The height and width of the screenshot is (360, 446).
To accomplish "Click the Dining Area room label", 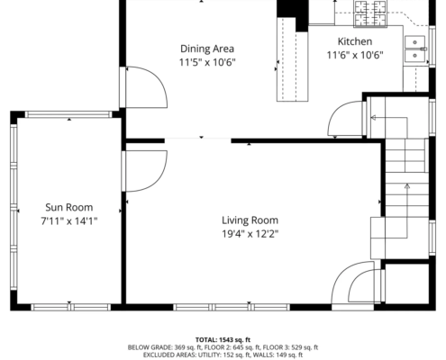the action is [x=207, y=49].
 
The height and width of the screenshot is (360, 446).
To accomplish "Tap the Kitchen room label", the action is [x=355, y=41].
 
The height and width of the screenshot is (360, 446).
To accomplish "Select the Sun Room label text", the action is [x=69, y=207].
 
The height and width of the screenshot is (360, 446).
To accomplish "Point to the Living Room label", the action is [x=250, y=220].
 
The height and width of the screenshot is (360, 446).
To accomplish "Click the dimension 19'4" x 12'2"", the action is [x=250, y=234].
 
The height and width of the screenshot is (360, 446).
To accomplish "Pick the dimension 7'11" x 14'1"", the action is [x=69, y=221].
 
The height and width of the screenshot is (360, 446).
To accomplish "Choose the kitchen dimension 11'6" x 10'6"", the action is [x=355, y=55].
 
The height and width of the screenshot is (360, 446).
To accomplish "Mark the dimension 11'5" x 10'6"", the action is [x=207, y=62].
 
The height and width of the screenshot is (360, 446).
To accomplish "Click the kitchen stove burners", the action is [x=370, y=13].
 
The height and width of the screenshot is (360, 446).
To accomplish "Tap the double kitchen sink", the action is [x=414, y=49].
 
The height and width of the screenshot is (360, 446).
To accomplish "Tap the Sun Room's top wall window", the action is [x=68, y=114].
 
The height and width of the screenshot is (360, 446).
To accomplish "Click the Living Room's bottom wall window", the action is [x=232, y=307].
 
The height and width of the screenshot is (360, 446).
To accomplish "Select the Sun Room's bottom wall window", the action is [x=71, y=307].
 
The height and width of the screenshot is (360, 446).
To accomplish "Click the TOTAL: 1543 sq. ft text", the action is [x=223, y=340].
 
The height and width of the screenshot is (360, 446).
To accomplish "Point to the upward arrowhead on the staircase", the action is [x=407, y=186].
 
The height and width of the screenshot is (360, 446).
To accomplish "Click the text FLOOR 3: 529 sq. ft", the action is [x=290, y=347].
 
